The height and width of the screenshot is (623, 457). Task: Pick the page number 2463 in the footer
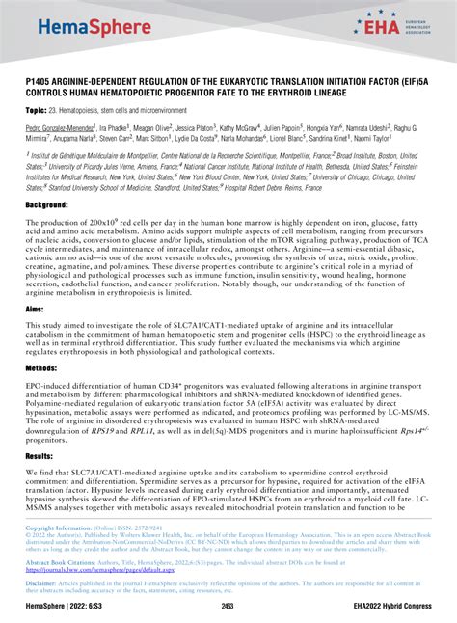coord(228,606)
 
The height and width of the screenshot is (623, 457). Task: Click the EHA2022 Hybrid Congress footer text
coord(399,606)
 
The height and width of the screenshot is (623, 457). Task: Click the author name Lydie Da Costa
coord(223,138)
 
